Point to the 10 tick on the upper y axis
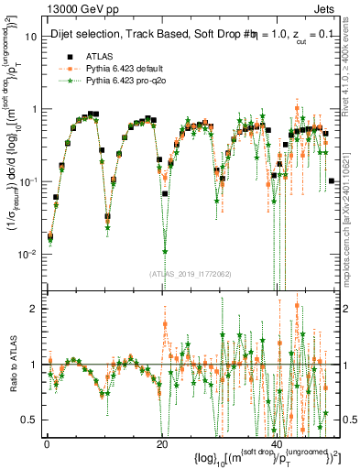pos(28,37)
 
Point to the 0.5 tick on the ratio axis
pos(28,420)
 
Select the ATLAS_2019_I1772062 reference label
pos(190,272)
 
